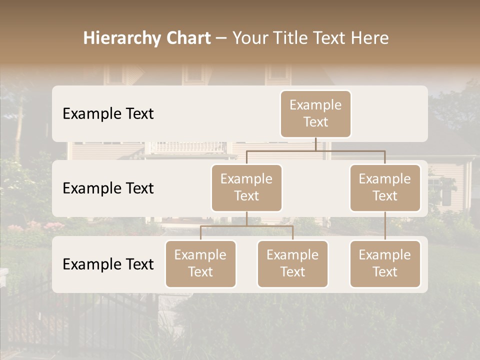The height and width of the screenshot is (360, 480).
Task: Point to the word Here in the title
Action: tap(370, 38)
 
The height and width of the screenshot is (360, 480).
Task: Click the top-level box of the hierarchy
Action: tap(315, 114)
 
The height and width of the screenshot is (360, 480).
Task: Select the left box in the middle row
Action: tap(246, 188)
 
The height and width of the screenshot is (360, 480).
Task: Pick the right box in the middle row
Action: tap(385, 188)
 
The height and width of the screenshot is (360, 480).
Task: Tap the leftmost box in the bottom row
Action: tap(200, 264)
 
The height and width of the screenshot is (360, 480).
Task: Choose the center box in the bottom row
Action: tap(292, 264)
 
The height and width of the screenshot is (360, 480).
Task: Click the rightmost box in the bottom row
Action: tap(385, 264)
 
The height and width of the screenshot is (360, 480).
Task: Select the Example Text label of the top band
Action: tap(108, 114)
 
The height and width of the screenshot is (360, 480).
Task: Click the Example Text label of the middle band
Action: tap(108, 188)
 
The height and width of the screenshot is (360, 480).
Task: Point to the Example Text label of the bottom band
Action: tap(108, 264)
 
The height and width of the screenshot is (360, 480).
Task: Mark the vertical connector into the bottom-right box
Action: tap(385, 226)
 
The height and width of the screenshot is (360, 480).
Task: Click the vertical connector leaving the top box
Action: tap(315, 144)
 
